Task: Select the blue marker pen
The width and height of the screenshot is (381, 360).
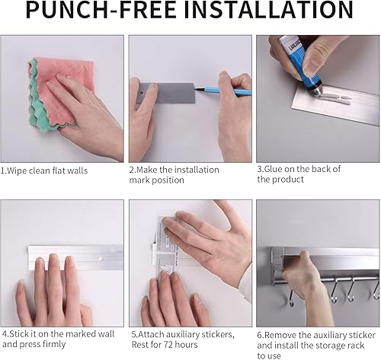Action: [223, 91]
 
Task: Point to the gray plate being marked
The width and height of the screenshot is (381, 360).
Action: [165, 93]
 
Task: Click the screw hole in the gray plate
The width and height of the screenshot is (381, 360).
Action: [141, 94]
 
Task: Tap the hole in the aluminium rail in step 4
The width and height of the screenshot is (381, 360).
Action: [101, 259]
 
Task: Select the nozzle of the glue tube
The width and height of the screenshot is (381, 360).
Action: [315, 89]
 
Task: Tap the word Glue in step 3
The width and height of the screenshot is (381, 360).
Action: [274, 169]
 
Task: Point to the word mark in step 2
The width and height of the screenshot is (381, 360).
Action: [139, 180]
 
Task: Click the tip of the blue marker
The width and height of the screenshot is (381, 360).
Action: [195, 88]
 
